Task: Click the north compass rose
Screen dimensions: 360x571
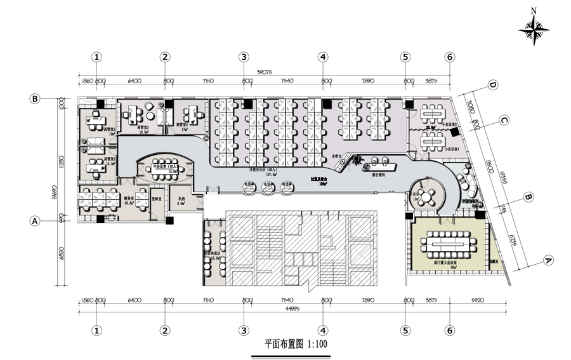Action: click(x=534, y=29)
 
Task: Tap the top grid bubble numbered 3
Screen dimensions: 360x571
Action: click(x=244, y=57)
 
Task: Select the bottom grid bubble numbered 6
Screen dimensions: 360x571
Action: click(x=449, y=330)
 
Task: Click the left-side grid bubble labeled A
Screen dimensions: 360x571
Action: click(x=36, y=221)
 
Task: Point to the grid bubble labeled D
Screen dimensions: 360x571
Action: click(x=492, y=85)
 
